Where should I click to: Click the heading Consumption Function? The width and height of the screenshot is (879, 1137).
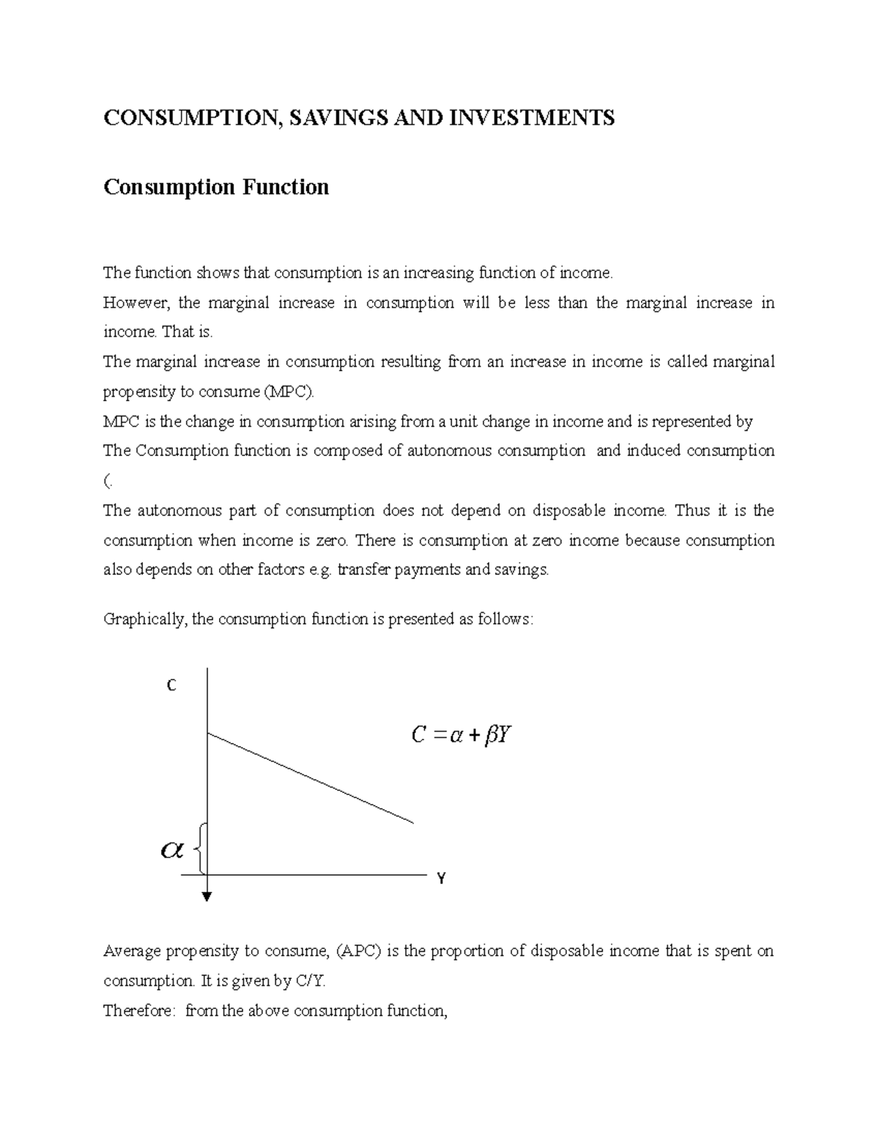coord(216,187)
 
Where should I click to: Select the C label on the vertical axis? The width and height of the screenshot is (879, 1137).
coord(171,686)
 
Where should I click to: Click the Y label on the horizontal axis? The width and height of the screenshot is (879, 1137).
coord(441,879)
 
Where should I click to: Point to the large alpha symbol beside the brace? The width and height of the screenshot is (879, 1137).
coord(171,850)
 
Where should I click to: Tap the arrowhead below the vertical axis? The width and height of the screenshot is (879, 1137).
coord(208,896)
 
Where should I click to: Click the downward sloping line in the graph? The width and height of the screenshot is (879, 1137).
coord(311,778)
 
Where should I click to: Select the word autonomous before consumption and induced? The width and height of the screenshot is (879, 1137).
coord(449,451)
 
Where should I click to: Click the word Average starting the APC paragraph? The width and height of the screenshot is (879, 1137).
coord(132,951)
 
